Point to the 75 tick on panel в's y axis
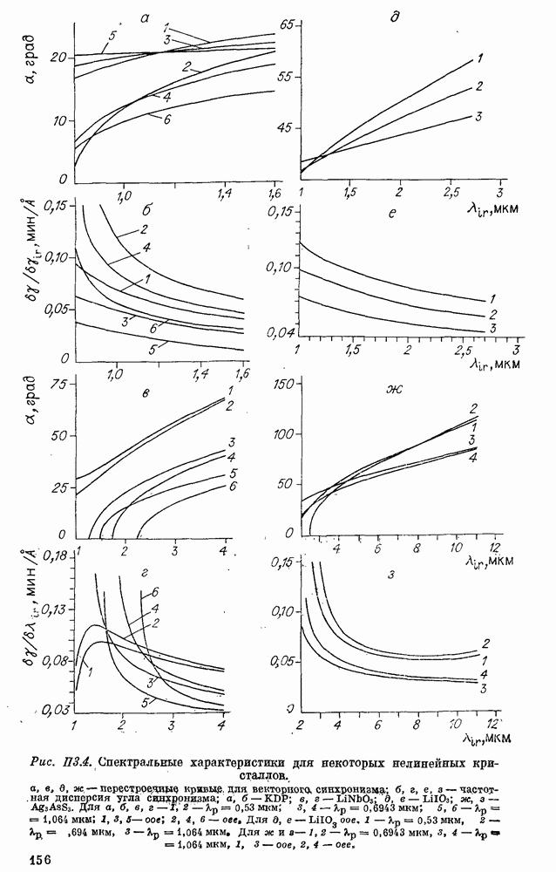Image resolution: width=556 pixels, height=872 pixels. pos(61,384)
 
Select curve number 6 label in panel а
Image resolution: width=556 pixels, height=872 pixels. pos(166,119)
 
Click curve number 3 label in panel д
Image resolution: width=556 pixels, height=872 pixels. pos(478,117)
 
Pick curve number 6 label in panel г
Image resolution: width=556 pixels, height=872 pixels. pos(155,592)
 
